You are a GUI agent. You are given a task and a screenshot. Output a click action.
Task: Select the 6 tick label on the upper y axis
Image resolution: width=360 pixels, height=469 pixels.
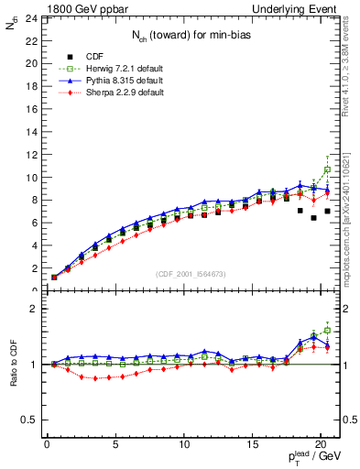point(33,223)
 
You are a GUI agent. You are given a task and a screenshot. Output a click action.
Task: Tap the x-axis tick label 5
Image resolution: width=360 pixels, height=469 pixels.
point(115,446)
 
